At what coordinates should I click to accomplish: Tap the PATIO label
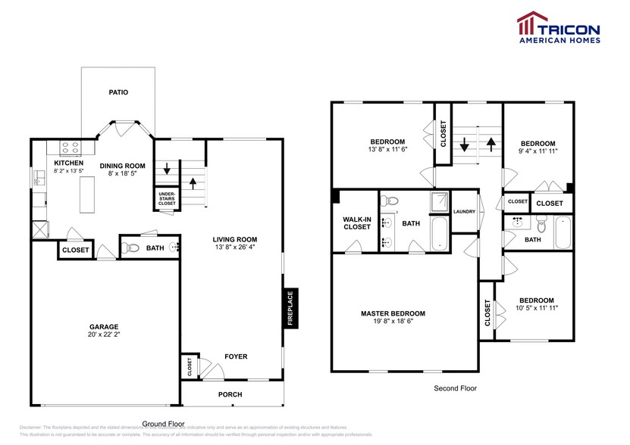pos(118,92)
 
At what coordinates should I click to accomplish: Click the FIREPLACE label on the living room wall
pos(289,308)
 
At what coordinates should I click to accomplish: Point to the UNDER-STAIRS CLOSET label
pos(167,199)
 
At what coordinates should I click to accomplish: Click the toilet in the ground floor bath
pos(132,247)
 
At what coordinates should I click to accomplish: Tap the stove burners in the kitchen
pos(70,148)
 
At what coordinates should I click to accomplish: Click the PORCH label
pos(230,394)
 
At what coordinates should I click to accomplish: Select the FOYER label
pos(235,356)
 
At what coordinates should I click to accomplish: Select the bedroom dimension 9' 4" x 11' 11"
pos(538,151)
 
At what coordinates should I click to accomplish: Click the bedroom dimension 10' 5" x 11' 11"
pos(536,308)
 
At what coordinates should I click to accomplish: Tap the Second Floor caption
pos(456,388)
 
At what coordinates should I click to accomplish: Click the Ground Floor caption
pos(164,424)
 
